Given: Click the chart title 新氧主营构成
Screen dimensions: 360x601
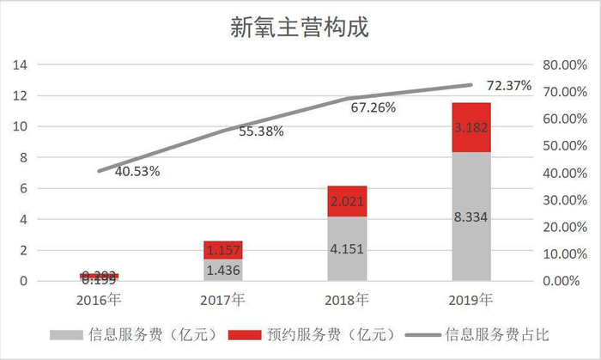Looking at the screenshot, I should coord(300,27).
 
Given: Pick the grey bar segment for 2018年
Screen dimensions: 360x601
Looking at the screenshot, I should coord(347,248).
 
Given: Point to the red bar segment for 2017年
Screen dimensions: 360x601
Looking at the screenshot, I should coord(223,250).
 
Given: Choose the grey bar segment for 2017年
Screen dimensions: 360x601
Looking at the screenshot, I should coord(223,270).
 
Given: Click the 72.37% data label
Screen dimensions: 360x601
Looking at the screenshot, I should coord(508,86).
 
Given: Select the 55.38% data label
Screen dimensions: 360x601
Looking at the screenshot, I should coord(260,131).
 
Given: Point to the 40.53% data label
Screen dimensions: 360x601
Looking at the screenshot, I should coord(136,171).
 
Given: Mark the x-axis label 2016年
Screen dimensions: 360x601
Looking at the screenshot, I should coord(100,299).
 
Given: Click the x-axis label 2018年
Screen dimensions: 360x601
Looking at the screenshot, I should coord(347,299).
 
